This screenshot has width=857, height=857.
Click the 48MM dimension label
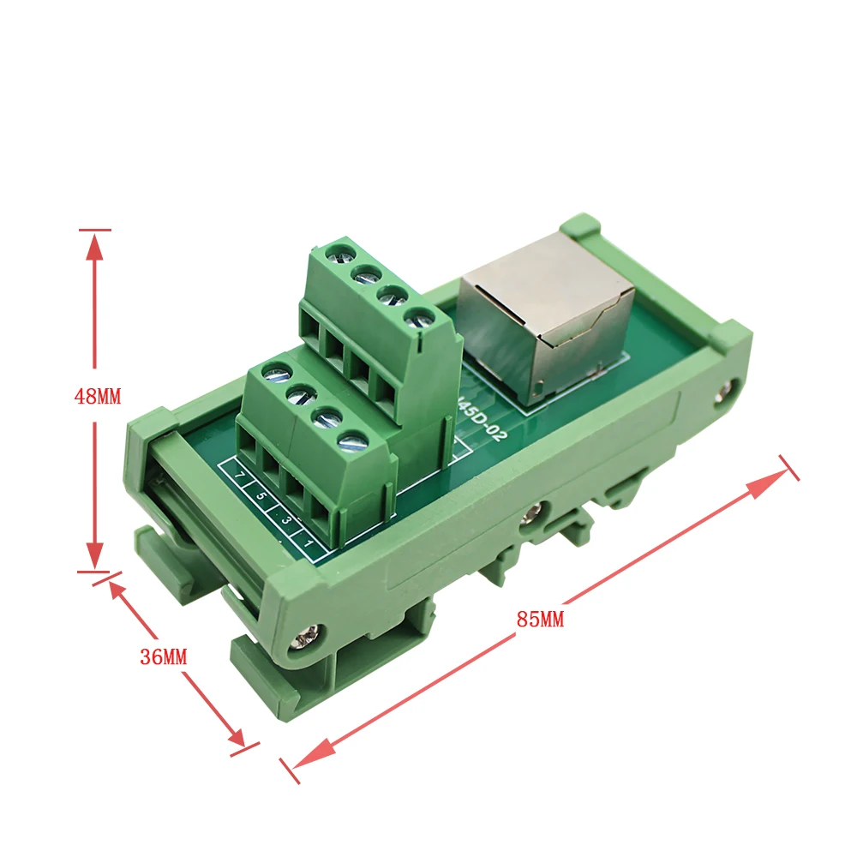(97, 397)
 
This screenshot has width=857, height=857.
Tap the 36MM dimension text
(163, 657)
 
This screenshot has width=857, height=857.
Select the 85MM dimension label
(541, 619)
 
